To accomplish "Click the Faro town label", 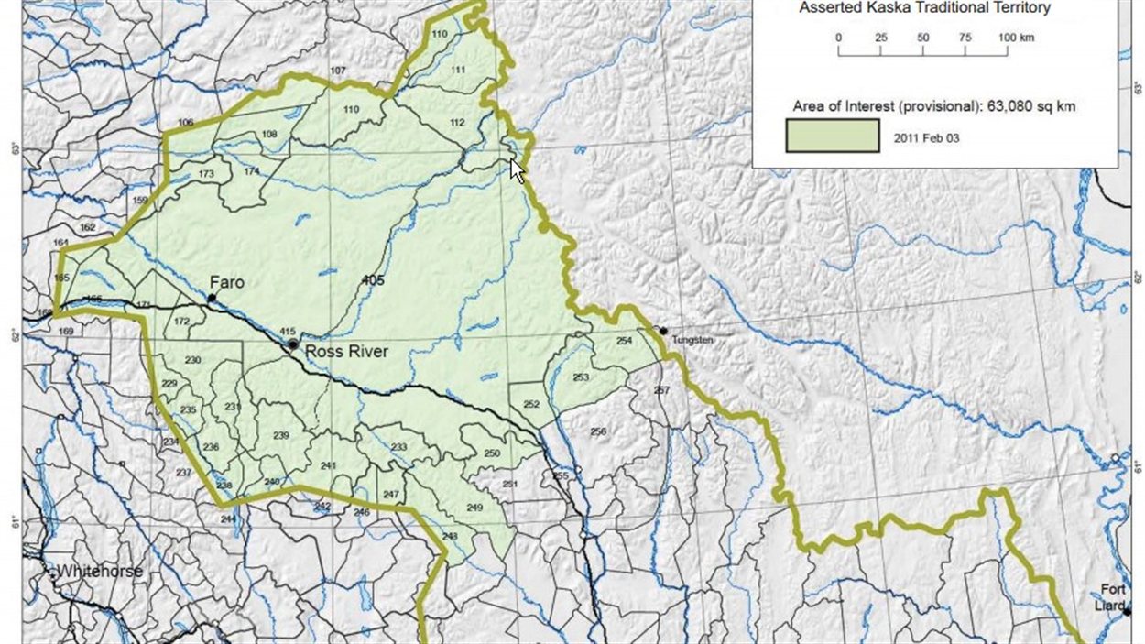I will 226,282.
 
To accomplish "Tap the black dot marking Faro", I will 212,298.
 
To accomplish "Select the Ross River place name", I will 346,351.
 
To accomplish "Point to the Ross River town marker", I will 292,344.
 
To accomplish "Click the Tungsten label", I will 692,340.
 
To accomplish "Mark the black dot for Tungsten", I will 663,331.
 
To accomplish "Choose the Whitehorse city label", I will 100,572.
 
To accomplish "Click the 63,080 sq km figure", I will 1030,106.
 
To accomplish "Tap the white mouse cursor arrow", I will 517,169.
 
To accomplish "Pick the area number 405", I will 373,279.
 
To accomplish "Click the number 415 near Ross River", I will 287,331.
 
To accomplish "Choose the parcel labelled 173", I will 206,173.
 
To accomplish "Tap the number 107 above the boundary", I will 338,71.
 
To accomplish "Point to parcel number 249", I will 474,508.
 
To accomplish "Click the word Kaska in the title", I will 884,8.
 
